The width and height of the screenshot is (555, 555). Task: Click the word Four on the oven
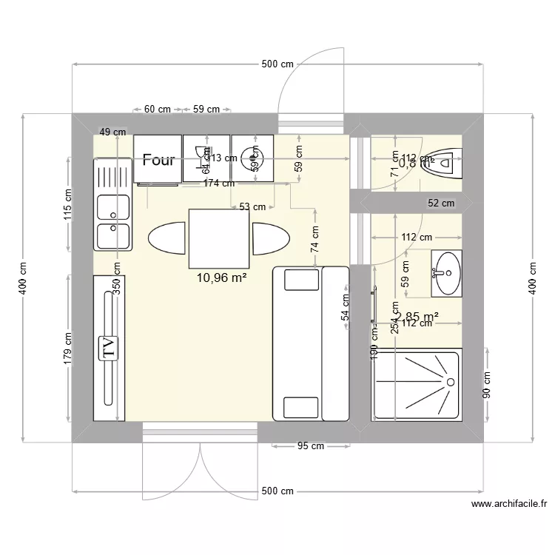coord(158,160)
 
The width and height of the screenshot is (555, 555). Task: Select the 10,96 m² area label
coord(221,278)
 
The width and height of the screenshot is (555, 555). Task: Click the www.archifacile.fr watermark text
coord(509,504)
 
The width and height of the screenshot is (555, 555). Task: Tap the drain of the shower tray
coord(448,381)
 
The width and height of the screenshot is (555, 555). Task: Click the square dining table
coord(219,238)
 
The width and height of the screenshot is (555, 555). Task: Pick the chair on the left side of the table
coord(167,238)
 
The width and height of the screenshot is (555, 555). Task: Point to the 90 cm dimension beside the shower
coord(486,386)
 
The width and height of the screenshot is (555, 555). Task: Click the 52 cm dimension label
coord(442,203)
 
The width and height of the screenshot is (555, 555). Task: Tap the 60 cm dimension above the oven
coord(157,109)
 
